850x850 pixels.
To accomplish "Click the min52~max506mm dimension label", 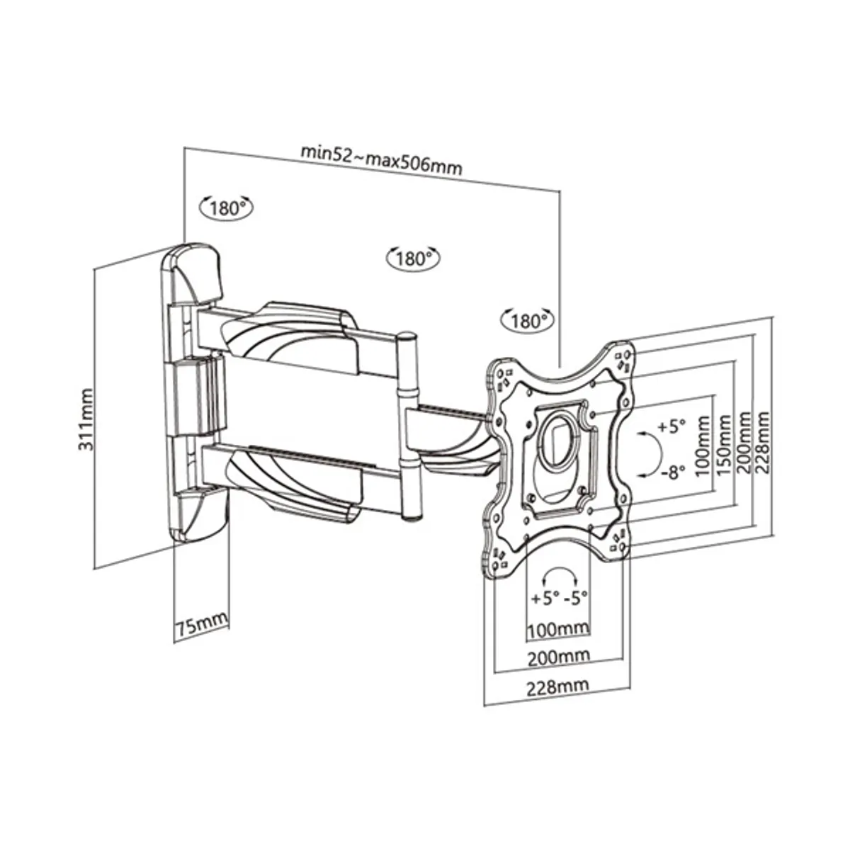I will tap(381, 159).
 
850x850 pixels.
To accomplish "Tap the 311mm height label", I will tap(86, 420).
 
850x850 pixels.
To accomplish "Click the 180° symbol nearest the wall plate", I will tap(227, 208).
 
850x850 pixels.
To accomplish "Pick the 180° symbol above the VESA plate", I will tap(526, 321).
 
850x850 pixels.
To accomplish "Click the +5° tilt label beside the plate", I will tap(671, 427).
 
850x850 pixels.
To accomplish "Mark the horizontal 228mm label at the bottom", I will tap(557, 686).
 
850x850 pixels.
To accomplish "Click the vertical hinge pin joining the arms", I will tap(409, 425).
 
